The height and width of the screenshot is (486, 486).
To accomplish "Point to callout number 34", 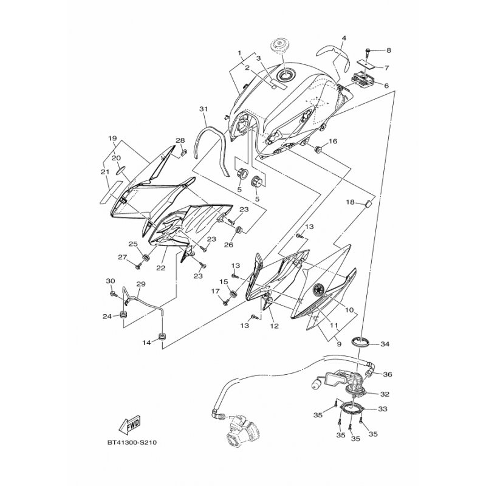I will tap(384, 344).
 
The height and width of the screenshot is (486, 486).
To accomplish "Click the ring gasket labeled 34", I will tap(363, 340).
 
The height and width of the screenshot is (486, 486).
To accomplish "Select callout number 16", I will tap(333, 142).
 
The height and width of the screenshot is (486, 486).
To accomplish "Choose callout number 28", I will tap(180, 140).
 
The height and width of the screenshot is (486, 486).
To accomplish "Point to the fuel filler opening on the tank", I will tap(286, 75).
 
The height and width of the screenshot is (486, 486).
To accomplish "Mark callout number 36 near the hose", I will tap(388, 374).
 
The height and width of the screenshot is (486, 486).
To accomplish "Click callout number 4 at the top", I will tap(343, 38).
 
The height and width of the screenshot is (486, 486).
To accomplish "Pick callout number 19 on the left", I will tap(112, 138).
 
